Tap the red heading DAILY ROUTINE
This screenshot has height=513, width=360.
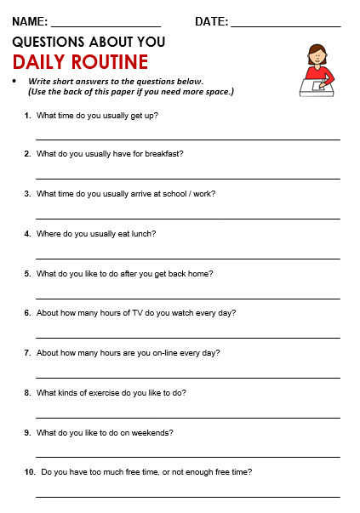pos(81,62)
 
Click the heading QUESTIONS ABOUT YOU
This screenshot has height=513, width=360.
pos(89,41)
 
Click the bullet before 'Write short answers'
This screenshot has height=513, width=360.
pos(15,81)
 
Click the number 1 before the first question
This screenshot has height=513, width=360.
pos(28,114)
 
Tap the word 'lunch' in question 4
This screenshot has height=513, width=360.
pos(146,233)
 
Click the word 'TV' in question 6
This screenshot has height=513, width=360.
pos(129,312)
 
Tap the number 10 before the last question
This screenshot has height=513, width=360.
pos(30,471)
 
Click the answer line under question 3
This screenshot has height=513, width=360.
pos(187,219)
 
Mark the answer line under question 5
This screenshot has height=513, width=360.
pos(187,298)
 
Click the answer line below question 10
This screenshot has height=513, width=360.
pos(187,497)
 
